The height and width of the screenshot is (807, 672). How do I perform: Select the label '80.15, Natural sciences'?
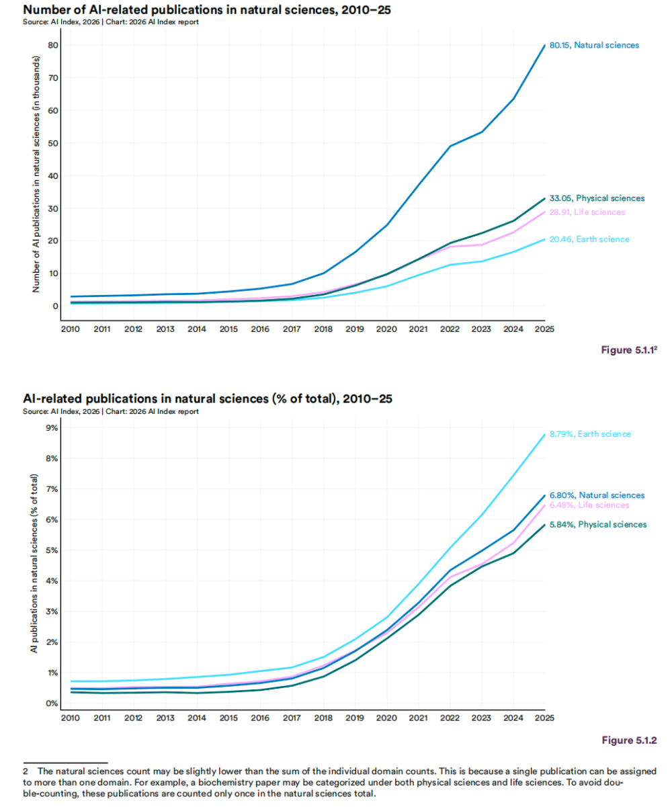599,45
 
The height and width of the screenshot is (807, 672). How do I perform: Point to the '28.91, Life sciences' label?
591,212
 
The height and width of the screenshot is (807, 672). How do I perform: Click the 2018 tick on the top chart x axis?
324,329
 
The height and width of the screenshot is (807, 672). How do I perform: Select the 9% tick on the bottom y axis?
51,428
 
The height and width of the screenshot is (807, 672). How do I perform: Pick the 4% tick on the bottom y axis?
51,581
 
